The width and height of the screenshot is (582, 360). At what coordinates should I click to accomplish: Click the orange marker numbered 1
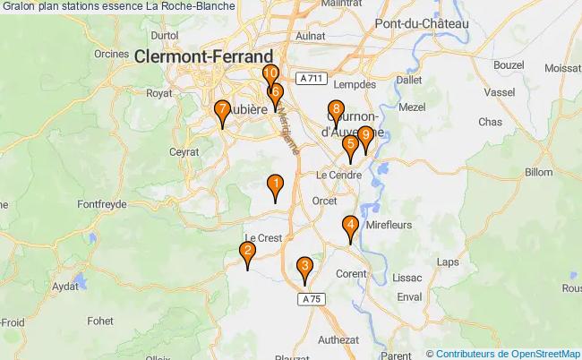pyautogui.click(x=276, y=186)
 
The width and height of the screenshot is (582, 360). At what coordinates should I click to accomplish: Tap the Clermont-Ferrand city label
pyautogui.click(x=204, y=56)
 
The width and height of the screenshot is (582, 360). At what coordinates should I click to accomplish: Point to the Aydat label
pyautogui.click(x=65, y=287)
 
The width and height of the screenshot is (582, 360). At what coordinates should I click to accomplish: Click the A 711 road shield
pyautogui.click(x=311, y=79)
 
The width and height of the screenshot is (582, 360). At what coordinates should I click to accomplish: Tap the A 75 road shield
pyautogui.click(x=310, y=297)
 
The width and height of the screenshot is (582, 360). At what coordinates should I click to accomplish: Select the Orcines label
pyautogui.click(x=111, y=53)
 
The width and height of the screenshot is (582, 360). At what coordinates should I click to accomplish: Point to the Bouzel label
pyautogui.click(x=508, y=65)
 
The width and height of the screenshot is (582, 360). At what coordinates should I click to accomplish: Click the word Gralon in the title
pyautogui.click(x=21, y=6)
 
